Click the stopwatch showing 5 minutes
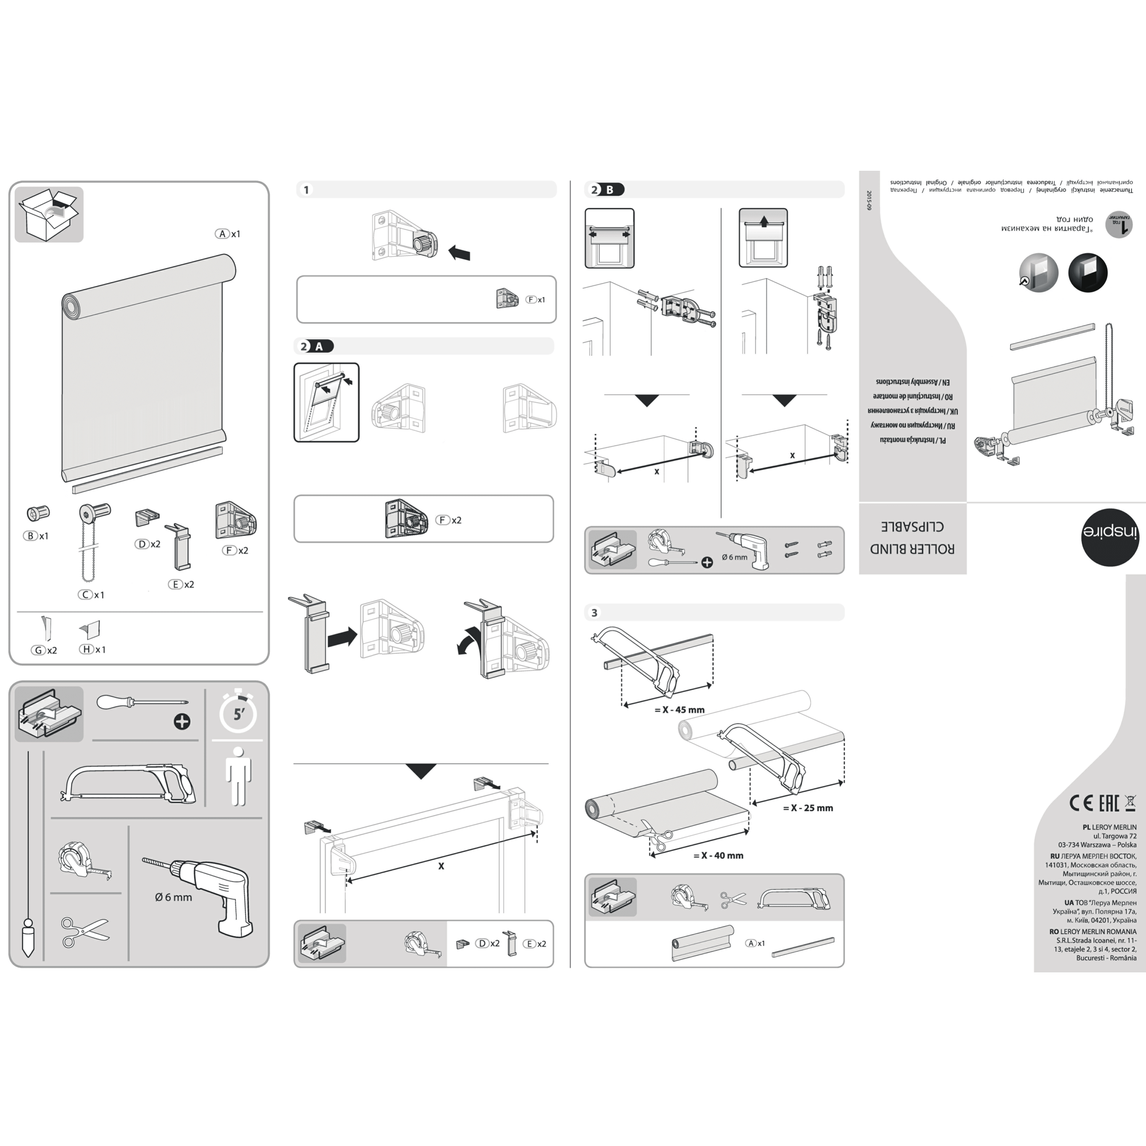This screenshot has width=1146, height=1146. click(238, 712)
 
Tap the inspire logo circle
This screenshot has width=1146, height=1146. click(1109, 537)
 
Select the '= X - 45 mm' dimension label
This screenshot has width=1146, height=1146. click(679, 710)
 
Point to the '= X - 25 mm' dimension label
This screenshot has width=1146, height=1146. click(808, 808)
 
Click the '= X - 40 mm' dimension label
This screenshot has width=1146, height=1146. click(718, 855)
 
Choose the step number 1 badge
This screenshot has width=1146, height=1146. click(306, 190)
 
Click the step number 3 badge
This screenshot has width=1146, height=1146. click(594, 613)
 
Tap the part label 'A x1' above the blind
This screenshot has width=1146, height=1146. click(228, 234)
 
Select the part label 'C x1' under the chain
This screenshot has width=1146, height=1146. click(91, 594)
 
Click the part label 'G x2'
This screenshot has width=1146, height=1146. click(45, 650)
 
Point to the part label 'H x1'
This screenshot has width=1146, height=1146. click(92, 650)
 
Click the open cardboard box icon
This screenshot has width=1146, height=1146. click(49, 215)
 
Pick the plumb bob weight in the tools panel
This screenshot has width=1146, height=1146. click(28, 937)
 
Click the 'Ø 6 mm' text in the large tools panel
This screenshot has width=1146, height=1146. click(173, 897)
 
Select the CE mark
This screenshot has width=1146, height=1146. click(1081, 803)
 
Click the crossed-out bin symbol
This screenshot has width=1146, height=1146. click(1130, 803)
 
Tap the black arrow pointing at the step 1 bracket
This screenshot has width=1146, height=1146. click(459, 253)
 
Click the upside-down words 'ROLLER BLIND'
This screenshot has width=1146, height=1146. click(912, 548)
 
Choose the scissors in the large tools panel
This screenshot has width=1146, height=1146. click(84, 931)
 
